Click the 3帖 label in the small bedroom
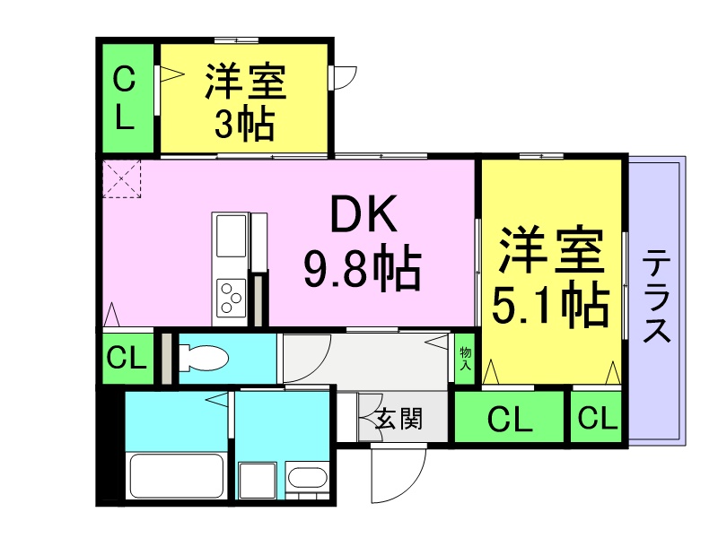(244, 126)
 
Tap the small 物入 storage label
(466, 358)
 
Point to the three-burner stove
(232, 293)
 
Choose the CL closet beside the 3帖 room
(126, 99)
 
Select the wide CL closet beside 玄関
(510, 418)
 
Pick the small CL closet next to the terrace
(597, 418)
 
